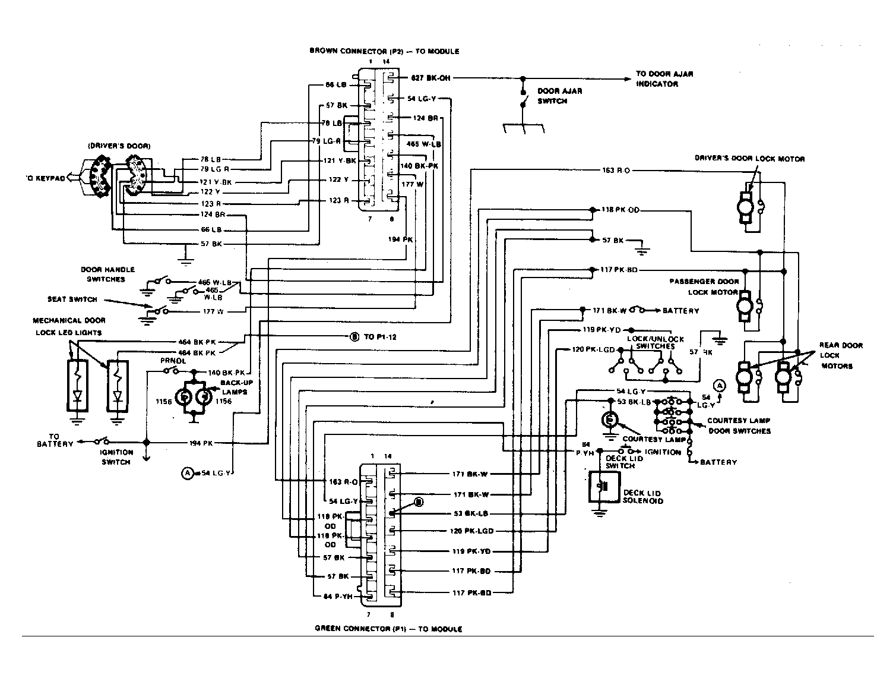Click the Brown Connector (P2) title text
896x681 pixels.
coord(384,51)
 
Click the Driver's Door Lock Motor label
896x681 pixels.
coord(750,159)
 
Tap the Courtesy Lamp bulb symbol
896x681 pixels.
coord(609,420)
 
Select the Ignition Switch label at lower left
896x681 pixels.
coord(116,457)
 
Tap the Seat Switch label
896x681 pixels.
coord(72,299)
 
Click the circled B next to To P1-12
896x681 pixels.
coord(354,337)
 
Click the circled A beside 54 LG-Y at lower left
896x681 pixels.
coord(187,473)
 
